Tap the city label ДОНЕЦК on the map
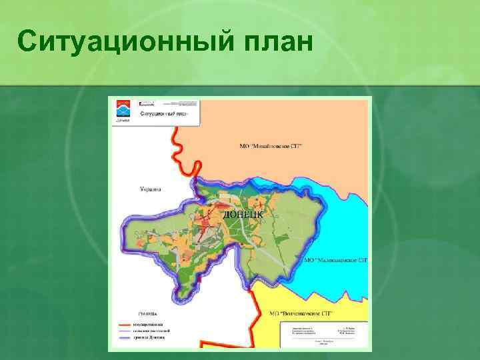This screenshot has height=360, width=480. pos(243,215)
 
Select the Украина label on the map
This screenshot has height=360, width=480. pos(151,189)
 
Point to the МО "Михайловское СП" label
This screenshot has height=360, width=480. pos(270,145)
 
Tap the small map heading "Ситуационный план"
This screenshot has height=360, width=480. pos(163,113)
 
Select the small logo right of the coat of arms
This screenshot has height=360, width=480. pos(146,103)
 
